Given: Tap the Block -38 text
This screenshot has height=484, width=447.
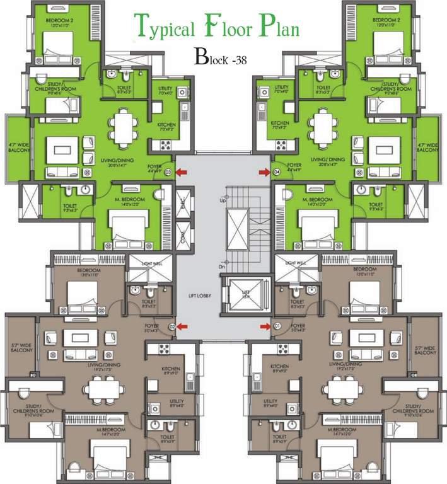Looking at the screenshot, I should tap(221, 59).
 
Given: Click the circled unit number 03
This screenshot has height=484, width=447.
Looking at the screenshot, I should tap(168, 172).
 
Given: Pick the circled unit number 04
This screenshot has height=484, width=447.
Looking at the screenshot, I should tap(276, 172).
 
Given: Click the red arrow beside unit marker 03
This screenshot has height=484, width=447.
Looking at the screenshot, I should tap(182, 172).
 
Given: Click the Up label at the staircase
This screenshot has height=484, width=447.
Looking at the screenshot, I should tap(222, 200).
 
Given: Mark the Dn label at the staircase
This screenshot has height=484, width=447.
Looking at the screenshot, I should tap(222, 267).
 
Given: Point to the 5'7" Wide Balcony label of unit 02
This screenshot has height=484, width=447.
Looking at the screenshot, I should tap(20, 352).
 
